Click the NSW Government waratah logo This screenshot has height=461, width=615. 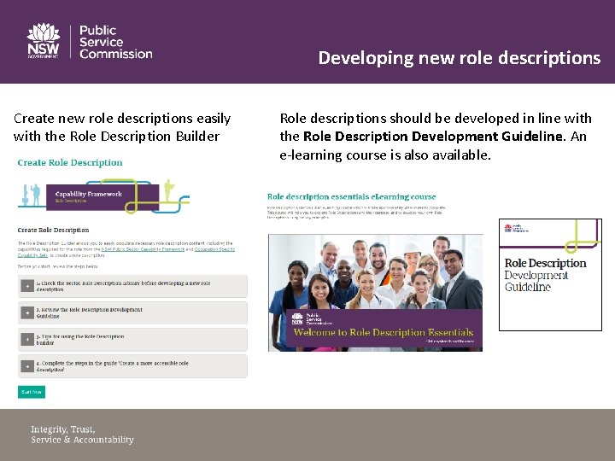(x=43, y=40)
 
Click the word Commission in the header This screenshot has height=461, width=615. (x=116, y=54)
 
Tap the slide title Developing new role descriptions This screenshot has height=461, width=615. (x=459, y=58)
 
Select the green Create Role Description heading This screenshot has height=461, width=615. (x=70, y=162)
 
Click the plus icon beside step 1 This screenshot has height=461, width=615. (x=27, y=286)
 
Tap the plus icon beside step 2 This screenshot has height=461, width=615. (x=27, y=312)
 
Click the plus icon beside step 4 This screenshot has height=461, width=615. (x=27, y=366)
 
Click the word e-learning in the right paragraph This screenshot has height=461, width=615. (x=313, y=155)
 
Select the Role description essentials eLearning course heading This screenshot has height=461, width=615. (x=351, y=197)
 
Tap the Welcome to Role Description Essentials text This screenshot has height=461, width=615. (x=383, y=332)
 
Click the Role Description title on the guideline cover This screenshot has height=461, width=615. (x=545, y=263)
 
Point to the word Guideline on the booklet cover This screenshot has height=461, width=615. (x=528, y=287)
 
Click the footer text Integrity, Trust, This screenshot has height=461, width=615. (x=63, y=429)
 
